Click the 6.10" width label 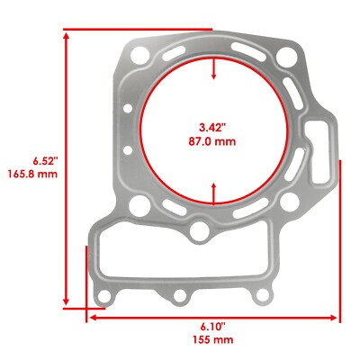click(x=212, y=326)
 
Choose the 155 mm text click(x=212, y=339)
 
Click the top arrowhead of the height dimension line click(x=67, y=33)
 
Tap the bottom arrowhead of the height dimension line click(x=67, y=302)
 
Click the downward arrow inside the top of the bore click(x=213, y=76)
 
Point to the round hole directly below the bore click(x=200, y=235)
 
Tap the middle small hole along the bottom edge click(x=180, y=295)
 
